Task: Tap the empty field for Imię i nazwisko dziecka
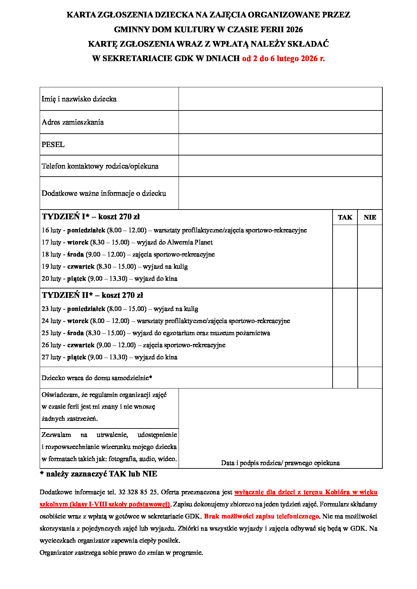tap(280, 99)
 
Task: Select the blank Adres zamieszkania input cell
tap(280, 122)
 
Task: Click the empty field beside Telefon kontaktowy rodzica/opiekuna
tap(280, 166)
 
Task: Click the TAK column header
tap(345, 218)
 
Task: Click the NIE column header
tap(370, 218)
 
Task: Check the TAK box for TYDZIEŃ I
tap(345, 256)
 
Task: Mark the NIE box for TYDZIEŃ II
tap(370, 327)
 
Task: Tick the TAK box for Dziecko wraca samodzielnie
tap(345, 378)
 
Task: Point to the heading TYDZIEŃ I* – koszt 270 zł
tap(91, 217)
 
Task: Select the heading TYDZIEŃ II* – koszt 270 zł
tap(92, 296)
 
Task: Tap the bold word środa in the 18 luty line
tap(75, 255)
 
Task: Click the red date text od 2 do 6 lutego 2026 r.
tap(283, 59)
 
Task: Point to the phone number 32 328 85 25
tap(138, 492)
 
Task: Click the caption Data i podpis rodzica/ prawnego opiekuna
tap(280, 463)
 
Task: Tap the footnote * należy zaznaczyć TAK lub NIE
tap(99, 474)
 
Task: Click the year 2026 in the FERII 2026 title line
tap(294, 30)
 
